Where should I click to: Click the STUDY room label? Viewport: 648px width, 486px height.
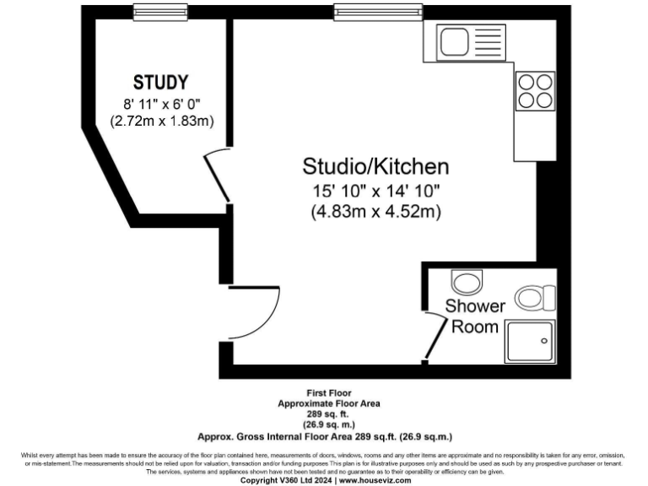160,83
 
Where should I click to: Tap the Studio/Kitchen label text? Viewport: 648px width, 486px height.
375,165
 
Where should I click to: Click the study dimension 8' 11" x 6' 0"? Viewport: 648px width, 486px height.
161,105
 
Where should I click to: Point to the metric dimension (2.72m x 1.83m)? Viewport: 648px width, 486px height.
161,121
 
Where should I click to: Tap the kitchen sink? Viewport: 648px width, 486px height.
469,41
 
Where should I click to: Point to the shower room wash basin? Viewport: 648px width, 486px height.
465,280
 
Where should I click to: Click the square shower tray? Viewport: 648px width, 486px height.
531,343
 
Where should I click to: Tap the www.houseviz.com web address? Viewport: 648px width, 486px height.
375,480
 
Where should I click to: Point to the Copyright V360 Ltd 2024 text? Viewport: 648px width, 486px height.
287,480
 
